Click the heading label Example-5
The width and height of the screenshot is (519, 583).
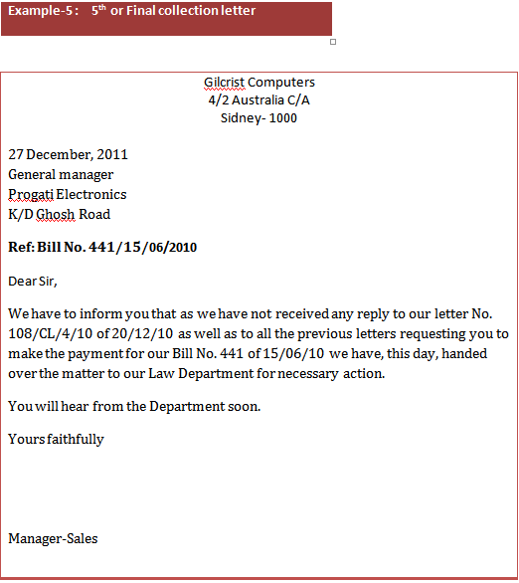pos(39,11)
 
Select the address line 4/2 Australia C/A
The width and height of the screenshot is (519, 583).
pos(259,100)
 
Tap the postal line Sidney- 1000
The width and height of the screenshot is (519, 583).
pos(259,118)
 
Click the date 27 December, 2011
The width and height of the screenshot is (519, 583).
pos(68,155)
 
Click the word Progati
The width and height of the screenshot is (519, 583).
pos(30,195)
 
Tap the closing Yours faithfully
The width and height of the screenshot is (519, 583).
pos(56,439)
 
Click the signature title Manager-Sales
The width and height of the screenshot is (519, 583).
pos(53,539)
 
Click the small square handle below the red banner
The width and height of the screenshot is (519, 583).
pos(332,42)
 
